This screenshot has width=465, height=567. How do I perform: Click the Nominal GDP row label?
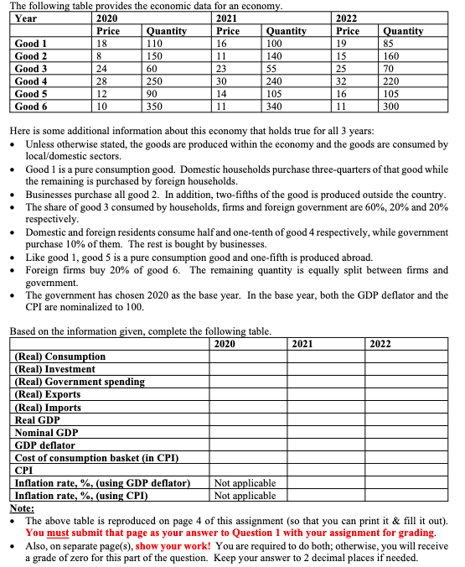point(47,432)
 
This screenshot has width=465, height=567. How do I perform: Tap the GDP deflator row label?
point(45,445)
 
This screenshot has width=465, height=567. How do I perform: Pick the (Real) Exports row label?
point(48,394)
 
